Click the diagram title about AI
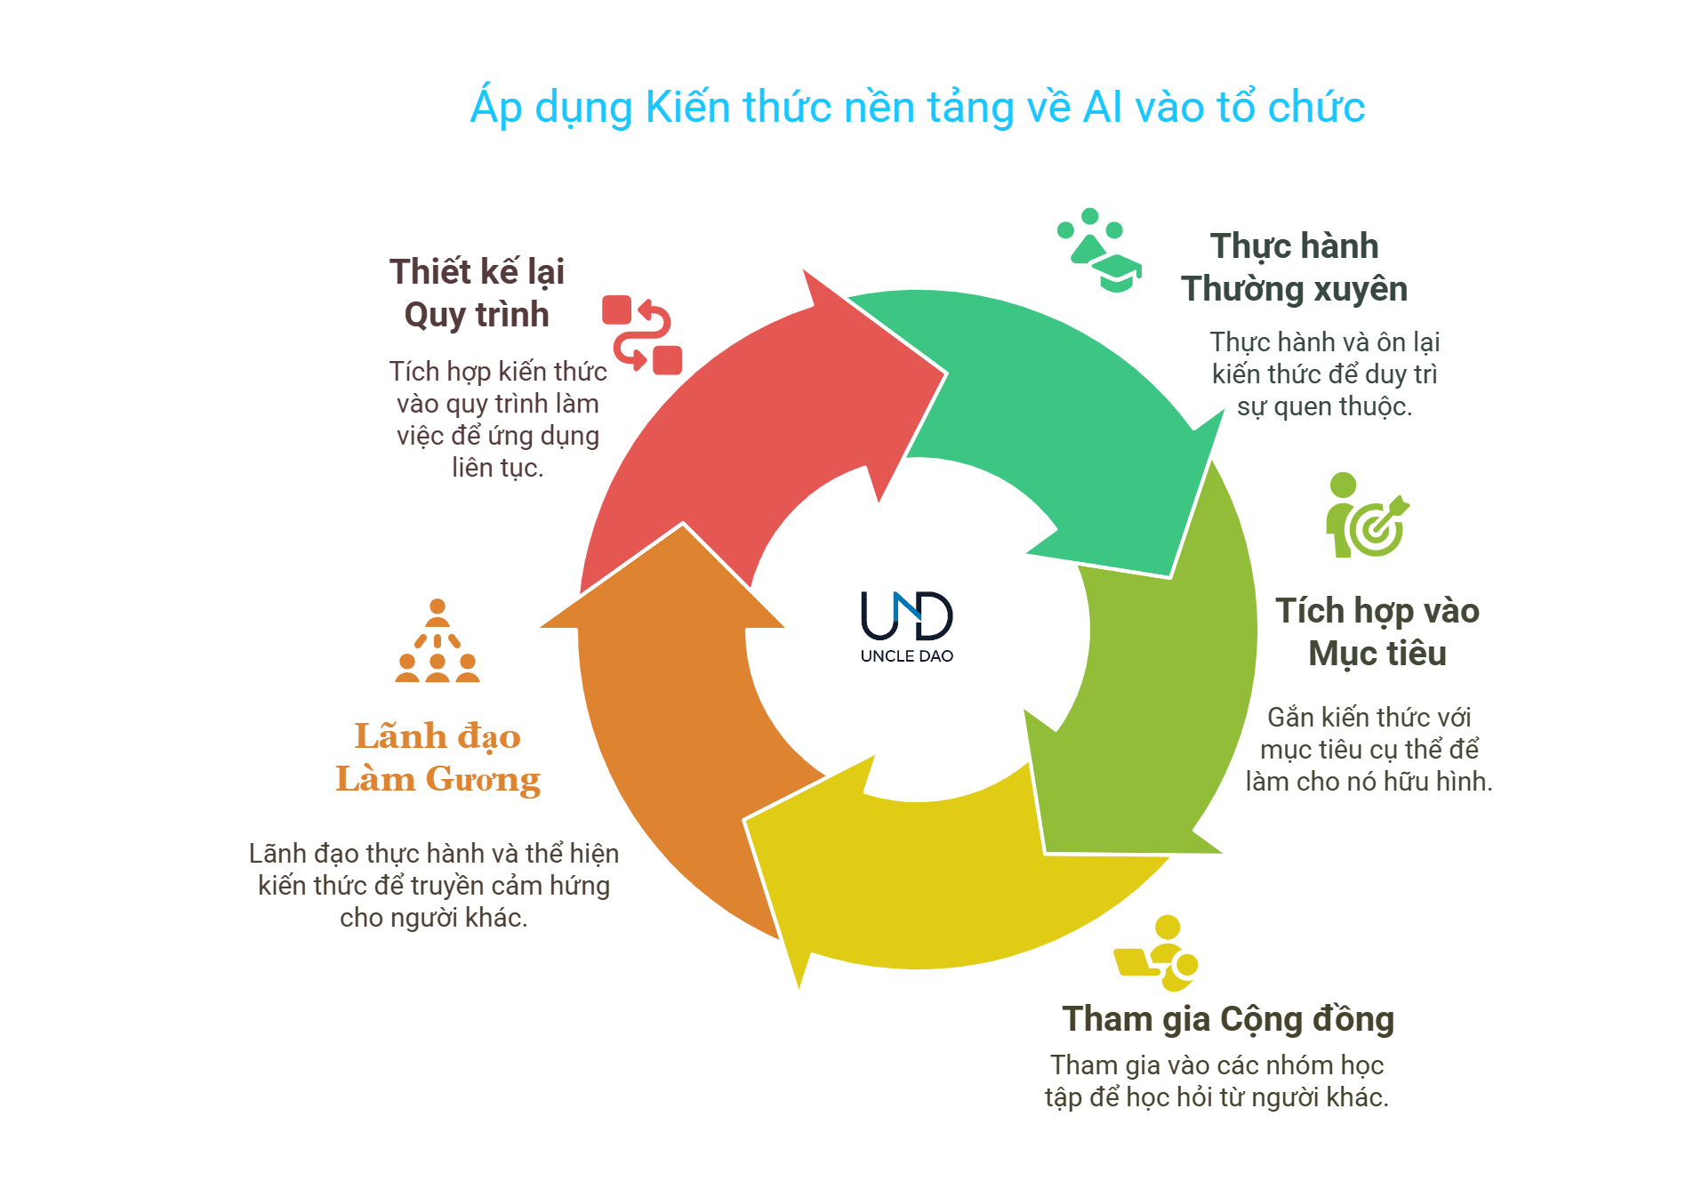click(x=917, y=108)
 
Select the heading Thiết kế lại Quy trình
click(x=477, y=293)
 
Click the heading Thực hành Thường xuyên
click(x=1294, y=268)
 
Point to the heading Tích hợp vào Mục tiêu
click(x=1377, y=632)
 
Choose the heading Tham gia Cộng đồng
click(x=1227, y=1019)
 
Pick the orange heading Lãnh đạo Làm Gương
click(x=438, y=758)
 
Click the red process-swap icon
click(x=641, y=334)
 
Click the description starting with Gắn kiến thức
click(x=1369, y=749)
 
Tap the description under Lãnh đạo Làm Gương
click(x=434, y=885)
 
